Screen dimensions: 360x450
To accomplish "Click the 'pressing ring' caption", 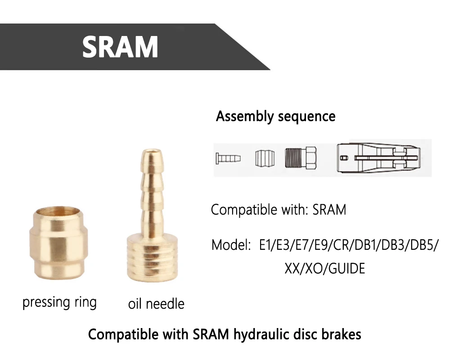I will click(59, 302).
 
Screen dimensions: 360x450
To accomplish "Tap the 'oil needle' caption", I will click(156, 304).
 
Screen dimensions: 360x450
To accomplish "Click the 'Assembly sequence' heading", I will click(275, 116).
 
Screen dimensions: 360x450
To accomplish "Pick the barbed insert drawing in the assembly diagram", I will click(228, 158).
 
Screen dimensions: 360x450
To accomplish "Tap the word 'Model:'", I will click(231, 246).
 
